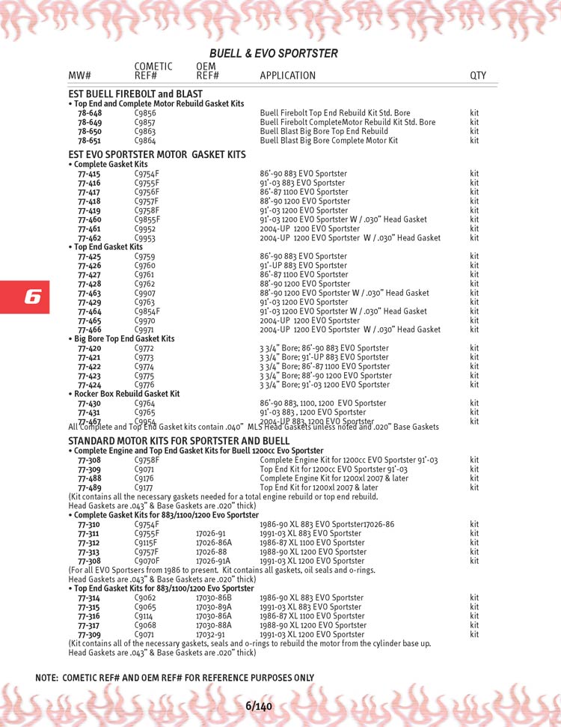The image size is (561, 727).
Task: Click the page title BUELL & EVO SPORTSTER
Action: click(x=273, y=53)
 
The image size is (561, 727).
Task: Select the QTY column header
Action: click(x=477, y=76)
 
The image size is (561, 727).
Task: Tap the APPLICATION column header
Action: click(x=287, y=76)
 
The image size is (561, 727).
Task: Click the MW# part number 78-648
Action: click(x=89, y=113)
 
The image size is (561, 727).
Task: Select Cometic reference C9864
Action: click(x=145, y=140)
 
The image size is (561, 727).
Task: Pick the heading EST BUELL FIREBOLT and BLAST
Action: click(x=135, y=94)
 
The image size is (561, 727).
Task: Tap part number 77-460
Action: click(x=89, y=219)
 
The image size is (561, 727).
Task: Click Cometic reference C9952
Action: click(x=145, y=228)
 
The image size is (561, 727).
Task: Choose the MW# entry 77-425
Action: click(x=89, y=256)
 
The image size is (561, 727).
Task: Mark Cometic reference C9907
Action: click(x=145, y=293)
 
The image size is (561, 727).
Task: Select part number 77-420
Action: click(x=89, y=348)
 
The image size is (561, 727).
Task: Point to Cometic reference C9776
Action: click(x=145, y=385)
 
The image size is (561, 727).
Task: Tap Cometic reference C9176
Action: click(x=145, y=478)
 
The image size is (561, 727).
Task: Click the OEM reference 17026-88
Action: click(x=210, y=552)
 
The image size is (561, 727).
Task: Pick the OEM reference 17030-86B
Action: click(x=213, y=598)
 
